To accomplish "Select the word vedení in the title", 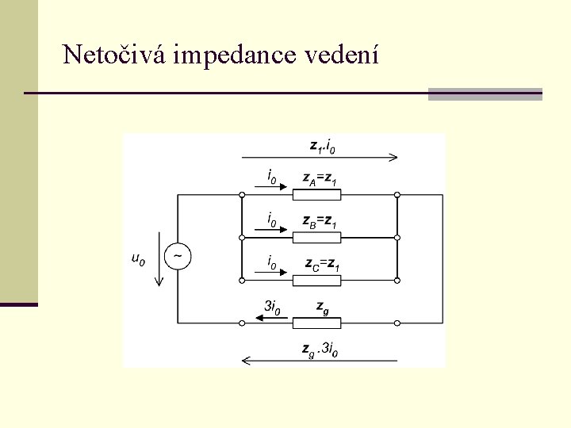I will coord(347,55).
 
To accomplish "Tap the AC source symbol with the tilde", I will coord(178,257).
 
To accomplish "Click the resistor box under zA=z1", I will coord(316,194).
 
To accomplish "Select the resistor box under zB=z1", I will coord(316,237).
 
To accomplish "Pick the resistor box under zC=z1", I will coord(316,280).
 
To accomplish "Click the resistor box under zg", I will coord(316,323).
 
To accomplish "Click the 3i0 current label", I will coord(272,307).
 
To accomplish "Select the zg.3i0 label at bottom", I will coord(320,348).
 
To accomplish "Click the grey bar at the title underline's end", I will coord(485,94).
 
